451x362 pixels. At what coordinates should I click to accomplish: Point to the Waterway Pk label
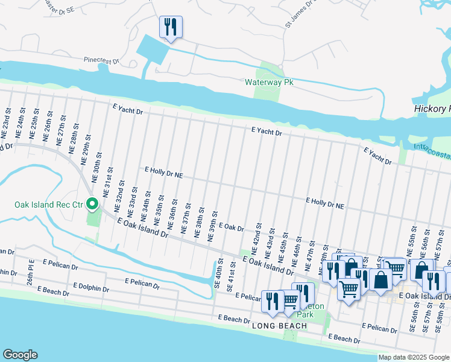[268, 82]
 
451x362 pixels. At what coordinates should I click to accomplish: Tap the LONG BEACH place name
[279, 326]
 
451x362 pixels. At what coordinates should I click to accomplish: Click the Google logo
[20, 355]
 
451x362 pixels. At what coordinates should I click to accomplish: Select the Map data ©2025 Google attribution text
[414, 357]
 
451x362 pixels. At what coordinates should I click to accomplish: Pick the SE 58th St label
[442, 317]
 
